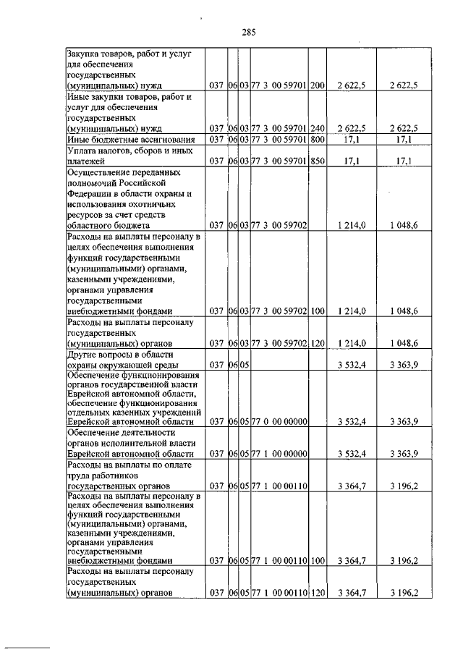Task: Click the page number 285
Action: click(x=249, y=32)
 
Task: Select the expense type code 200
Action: click(x=316, y=85)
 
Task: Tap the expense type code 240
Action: click(x=316, y=128)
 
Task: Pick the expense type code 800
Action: click(x=316, y=139)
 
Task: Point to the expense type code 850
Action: click(x=316, y=162)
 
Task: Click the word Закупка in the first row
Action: click(x=83, y=53)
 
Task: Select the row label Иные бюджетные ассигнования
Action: click(x=121, y=139)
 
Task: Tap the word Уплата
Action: click(x=82, y=151)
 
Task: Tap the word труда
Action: click(x=77, y=475)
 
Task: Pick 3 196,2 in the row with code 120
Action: click(x=404, y=593)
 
